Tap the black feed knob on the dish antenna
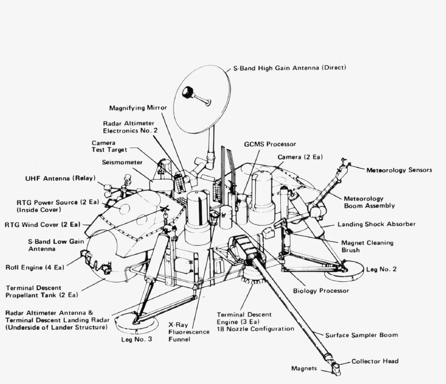(x=188, y=92)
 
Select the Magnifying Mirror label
(x=138, y=108)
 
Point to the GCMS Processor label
(x=270, y=144)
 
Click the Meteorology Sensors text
(x=399, y=170)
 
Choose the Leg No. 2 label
(x=381, y=269)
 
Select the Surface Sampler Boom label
(x=361, y=335)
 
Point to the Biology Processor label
(x=321, y=291)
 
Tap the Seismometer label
(x=122, y=162)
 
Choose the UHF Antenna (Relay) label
(x=61, y=178)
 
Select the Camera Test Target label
(x=109, y=146)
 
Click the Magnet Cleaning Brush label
(x=367, y=246)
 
